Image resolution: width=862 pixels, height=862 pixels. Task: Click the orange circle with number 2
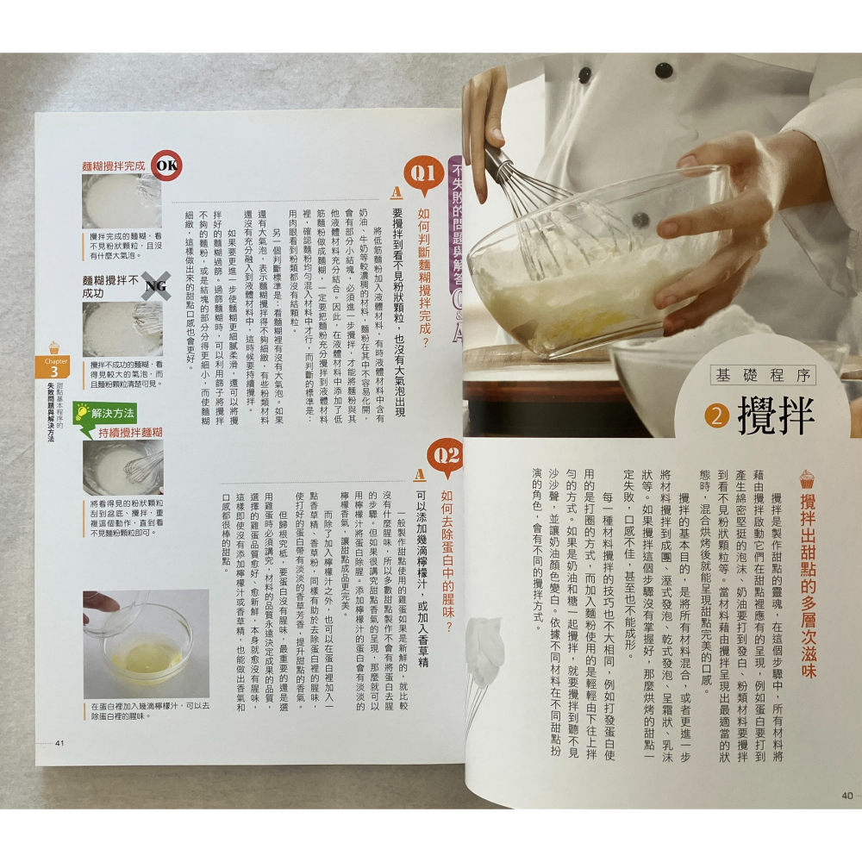tap(716, 417)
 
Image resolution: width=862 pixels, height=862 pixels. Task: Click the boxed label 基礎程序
tap(763, 374)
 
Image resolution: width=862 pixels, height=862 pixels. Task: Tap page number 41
tap(59, 743)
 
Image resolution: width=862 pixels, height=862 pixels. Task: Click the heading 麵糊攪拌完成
tap(114, 165)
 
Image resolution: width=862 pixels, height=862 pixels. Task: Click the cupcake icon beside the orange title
tap(807, 478)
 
